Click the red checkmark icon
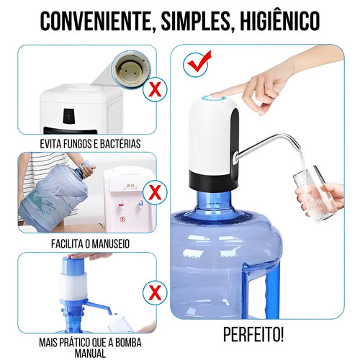(x=194, y=66)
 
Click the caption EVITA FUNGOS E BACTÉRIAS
(x=80, y=144)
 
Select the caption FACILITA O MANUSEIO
(x=80, y=244)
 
